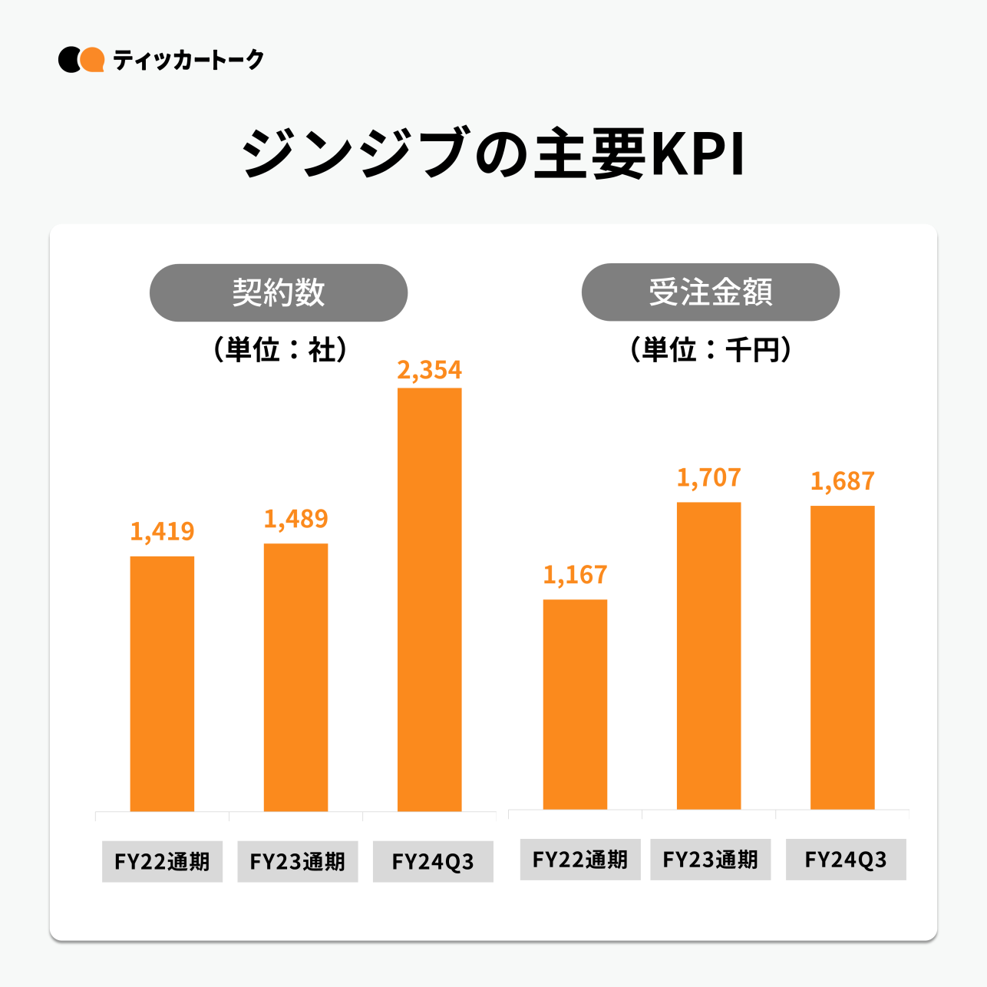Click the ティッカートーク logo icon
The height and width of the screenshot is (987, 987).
[81, 60]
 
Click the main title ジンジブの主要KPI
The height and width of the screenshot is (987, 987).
[494, 153]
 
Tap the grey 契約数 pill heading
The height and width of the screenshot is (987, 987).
[278, 292]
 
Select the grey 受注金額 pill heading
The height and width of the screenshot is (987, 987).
[710, 292]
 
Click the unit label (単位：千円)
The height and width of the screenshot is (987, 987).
[710, 350]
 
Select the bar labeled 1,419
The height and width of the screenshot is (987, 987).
[162, 683]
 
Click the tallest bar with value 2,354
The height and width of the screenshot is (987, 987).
[429, 599]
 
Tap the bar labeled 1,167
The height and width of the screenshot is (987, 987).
[575, 704]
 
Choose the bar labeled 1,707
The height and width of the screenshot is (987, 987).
[708, 655]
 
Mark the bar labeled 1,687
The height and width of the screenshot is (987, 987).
[842, 657]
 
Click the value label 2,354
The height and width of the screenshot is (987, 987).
[429, 370]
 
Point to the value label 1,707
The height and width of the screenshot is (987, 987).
[708, 477]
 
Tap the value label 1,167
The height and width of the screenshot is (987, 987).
[575, 575]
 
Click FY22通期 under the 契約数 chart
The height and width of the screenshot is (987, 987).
[162, 862]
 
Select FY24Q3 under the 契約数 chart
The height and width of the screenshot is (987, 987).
[433, 862]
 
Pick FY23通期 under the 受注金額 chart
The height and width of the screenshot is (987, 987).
[710, 860]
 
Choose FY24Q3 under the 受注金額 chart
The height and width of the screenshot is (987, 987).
[846, 860]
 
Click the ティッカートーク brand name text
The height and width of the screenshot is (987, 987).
[188, 60]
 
